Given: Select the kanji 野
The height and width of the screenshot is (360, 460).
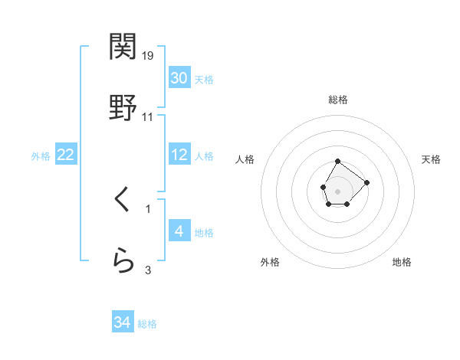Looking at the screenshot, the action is tap(123, 108).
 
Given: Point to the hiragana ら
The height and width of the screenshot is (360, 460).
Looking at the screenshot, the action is tap(123, 261).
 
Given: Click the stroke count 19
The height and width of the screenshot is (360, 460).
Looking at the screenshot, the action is tap(148, 56).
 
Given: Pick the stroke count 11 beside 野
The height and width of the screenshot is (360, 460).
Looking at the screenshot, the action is tap(148, 117).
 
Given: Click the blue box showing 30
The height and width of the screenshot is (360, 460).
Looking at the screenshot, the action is tap(179, 78).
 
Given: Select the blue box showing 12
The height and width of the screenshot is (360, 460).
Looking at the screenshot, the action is tap(179, 155).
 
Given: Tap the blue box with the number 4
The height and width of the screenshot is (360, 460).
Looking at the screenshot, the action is tap(179, 231).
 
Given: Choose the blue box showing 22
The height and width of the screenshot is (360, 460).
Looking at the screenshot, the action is tap(65, 155).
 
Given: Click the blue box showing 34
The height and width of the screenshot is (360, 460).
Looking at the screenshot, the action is tap(122, 323).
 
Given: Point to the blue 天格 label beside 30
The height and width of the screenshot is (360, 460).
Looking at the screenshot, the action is tap(204, 79).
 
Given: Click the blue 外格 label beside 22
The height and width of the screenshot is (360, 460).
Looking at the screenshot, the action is tap(41, 155).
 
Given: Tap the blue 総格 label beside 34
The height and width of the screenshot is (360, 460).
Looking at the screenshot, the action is tap(147, 324).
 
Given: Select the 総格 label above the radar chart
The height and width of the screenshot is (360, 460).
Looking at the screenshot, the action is tap(338, 100).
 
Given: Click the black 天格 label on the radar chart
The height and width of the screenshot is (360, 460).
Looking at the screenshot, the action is tap(432, 159).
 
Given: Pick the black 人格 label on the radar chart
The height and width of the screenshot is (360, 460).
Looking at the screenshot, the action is tap(245, 159).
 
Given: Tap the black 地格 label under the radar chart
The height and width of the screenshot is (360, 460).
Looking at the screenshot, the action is tap(402, 262).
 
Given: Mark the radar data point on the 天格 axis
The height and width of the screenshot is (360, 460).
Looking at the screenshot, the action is tap(366, 182).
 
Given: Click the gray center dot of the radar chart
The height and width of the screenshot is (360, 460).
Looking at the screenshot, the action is tap(337, 190).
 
